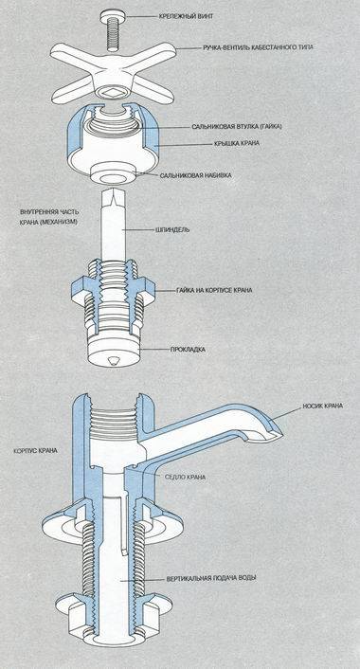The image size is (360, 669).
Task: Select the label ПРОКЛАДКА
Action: coord(188,349)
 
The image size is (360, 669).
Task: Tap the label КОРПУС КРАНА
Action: coord(30,452)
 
